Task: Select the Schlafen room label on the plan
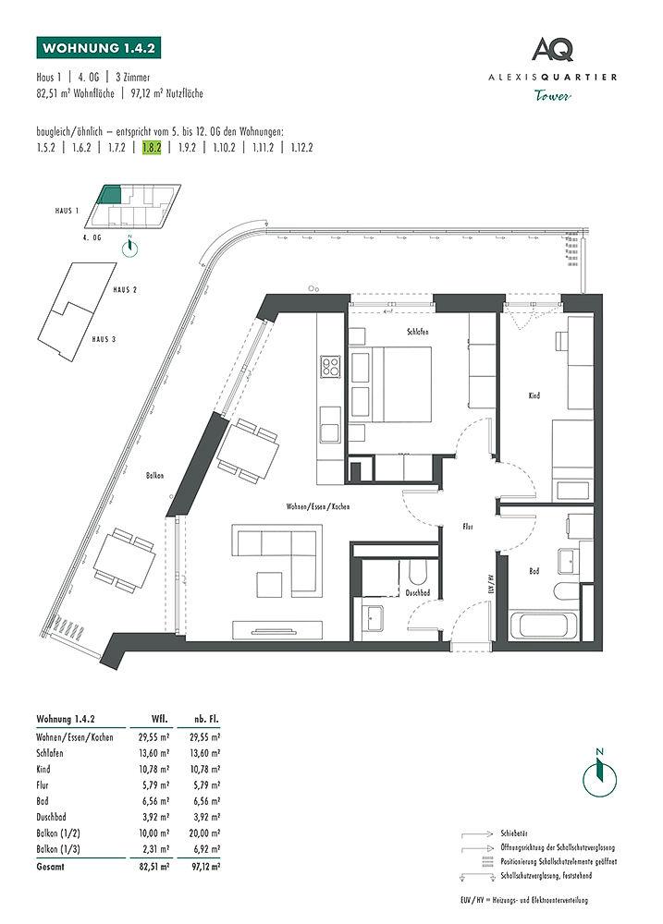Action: [x=416, y=331]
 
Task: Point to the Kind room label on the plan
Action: [x=534, y=395]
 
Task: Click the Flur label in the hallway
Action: [x=468, y=526]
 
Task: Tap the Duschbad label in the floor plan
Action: [x=417, y=592]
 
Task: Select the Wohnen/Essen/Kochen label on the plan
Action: [x=317, y=507]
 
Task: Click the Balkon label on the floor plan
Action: [x=154, y=475]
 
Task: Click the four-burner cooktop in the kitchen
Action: [x=331, y=368]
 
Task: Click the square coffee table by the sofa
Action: [x=270, y=584]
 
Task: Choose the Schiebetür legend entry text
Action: [x=513, y=831]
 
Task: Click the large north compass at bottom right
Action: [x=599, y=770]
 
